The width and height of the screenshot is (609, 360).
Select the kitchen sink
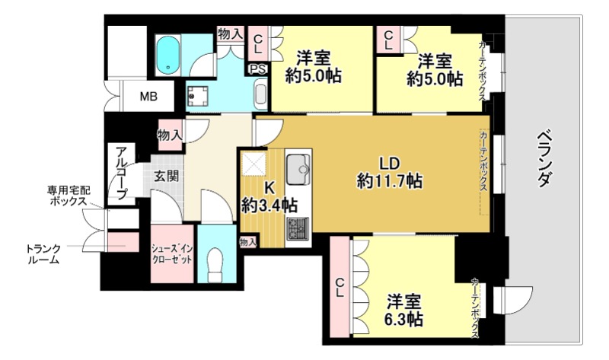(x=298, y=165)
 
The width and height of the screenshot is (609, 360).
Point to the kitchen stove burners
(x=295, y=225)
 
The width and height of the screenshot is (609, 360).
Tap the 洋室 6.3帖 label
(x=404, y=308)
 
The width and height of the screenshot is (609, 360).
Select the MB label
(x=149, y=97)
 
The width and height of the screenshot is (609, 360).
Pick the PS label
(x=257, y=68)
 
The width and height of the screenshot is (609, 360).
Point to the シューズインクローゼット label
(x=173, y=253)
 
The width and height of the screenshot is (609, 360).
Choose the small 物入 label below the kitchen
(x=248, y=241)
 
